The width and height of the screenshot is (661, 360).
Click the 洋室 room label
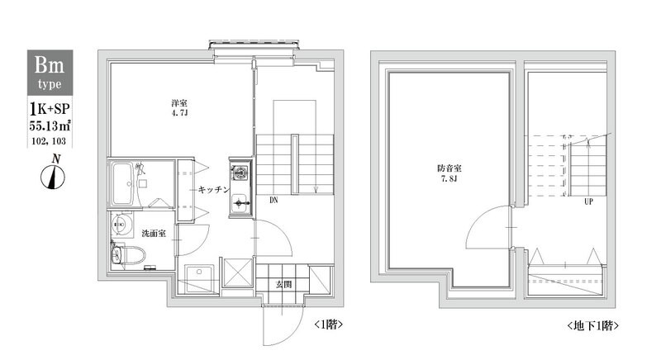coord(176,102)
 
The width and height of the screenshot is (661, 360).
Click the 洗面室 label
coord(153,234)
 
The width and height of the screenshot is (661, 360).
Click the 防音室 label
coord(448,169)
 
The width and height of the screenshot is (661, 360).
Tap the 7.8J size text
coord(448,181)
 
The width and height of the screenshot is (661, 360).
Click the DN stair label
coord(272,199)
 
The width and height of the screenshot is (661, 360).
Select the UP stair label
coord(588,201)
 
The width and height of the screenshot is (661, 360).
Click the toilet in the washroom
coord(121,254)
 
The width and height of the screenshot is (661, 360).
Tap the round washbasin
coord(121,225)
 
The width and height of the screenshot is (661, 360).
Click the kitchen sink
coord(239,200)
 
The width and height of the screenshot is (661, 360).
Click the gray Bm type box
coord(51,71)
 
